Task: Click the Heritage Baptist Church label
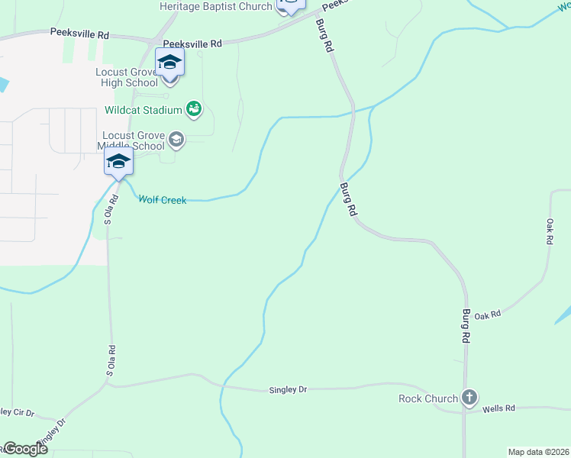pyautogui.click(x=215, y=7)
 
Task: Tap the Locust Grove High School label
pyautogui.click(x=125, y=77)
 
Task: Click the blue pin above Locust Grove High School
pyautogui.click(x=169, y=63)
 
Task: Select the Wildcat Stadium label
pyautogui.click(x=144, y=110)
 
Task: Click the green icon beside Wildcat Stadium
pyautogui.click(x=194, y=109)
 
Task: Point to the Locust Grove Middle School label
pyautogui.click(x=134, y=140)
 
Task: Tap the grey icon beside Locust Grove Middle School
pyautogui.click(x=176, y=138)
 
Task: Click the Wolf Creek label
pyautogui.click(x=162, y=200)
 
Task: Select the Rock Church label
pyautogui.click(x=428, y=398)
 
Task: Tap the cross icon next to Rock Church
pyautogui.click(x=469, y=397)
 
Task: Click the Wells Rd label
pyautogui.click(x=499, y=409)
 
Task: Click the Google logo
pyautogui.click(x=24, y=449)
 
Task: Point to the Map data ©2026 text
pyautogui.click(x=538, y=452)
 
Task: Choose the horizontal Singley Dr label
pyautogui.click(x=288, y=390)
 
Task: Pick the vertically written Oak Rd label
pyautogui.click(x=549, y=231)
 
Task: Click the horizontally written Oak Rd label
pyautogui.click(x=487, y=314)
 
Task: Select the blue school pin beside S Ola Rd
pyautogui.click(x=118, y=162)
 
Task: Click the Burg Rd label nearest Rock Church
pyautogui.click(x=465, y=325)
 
